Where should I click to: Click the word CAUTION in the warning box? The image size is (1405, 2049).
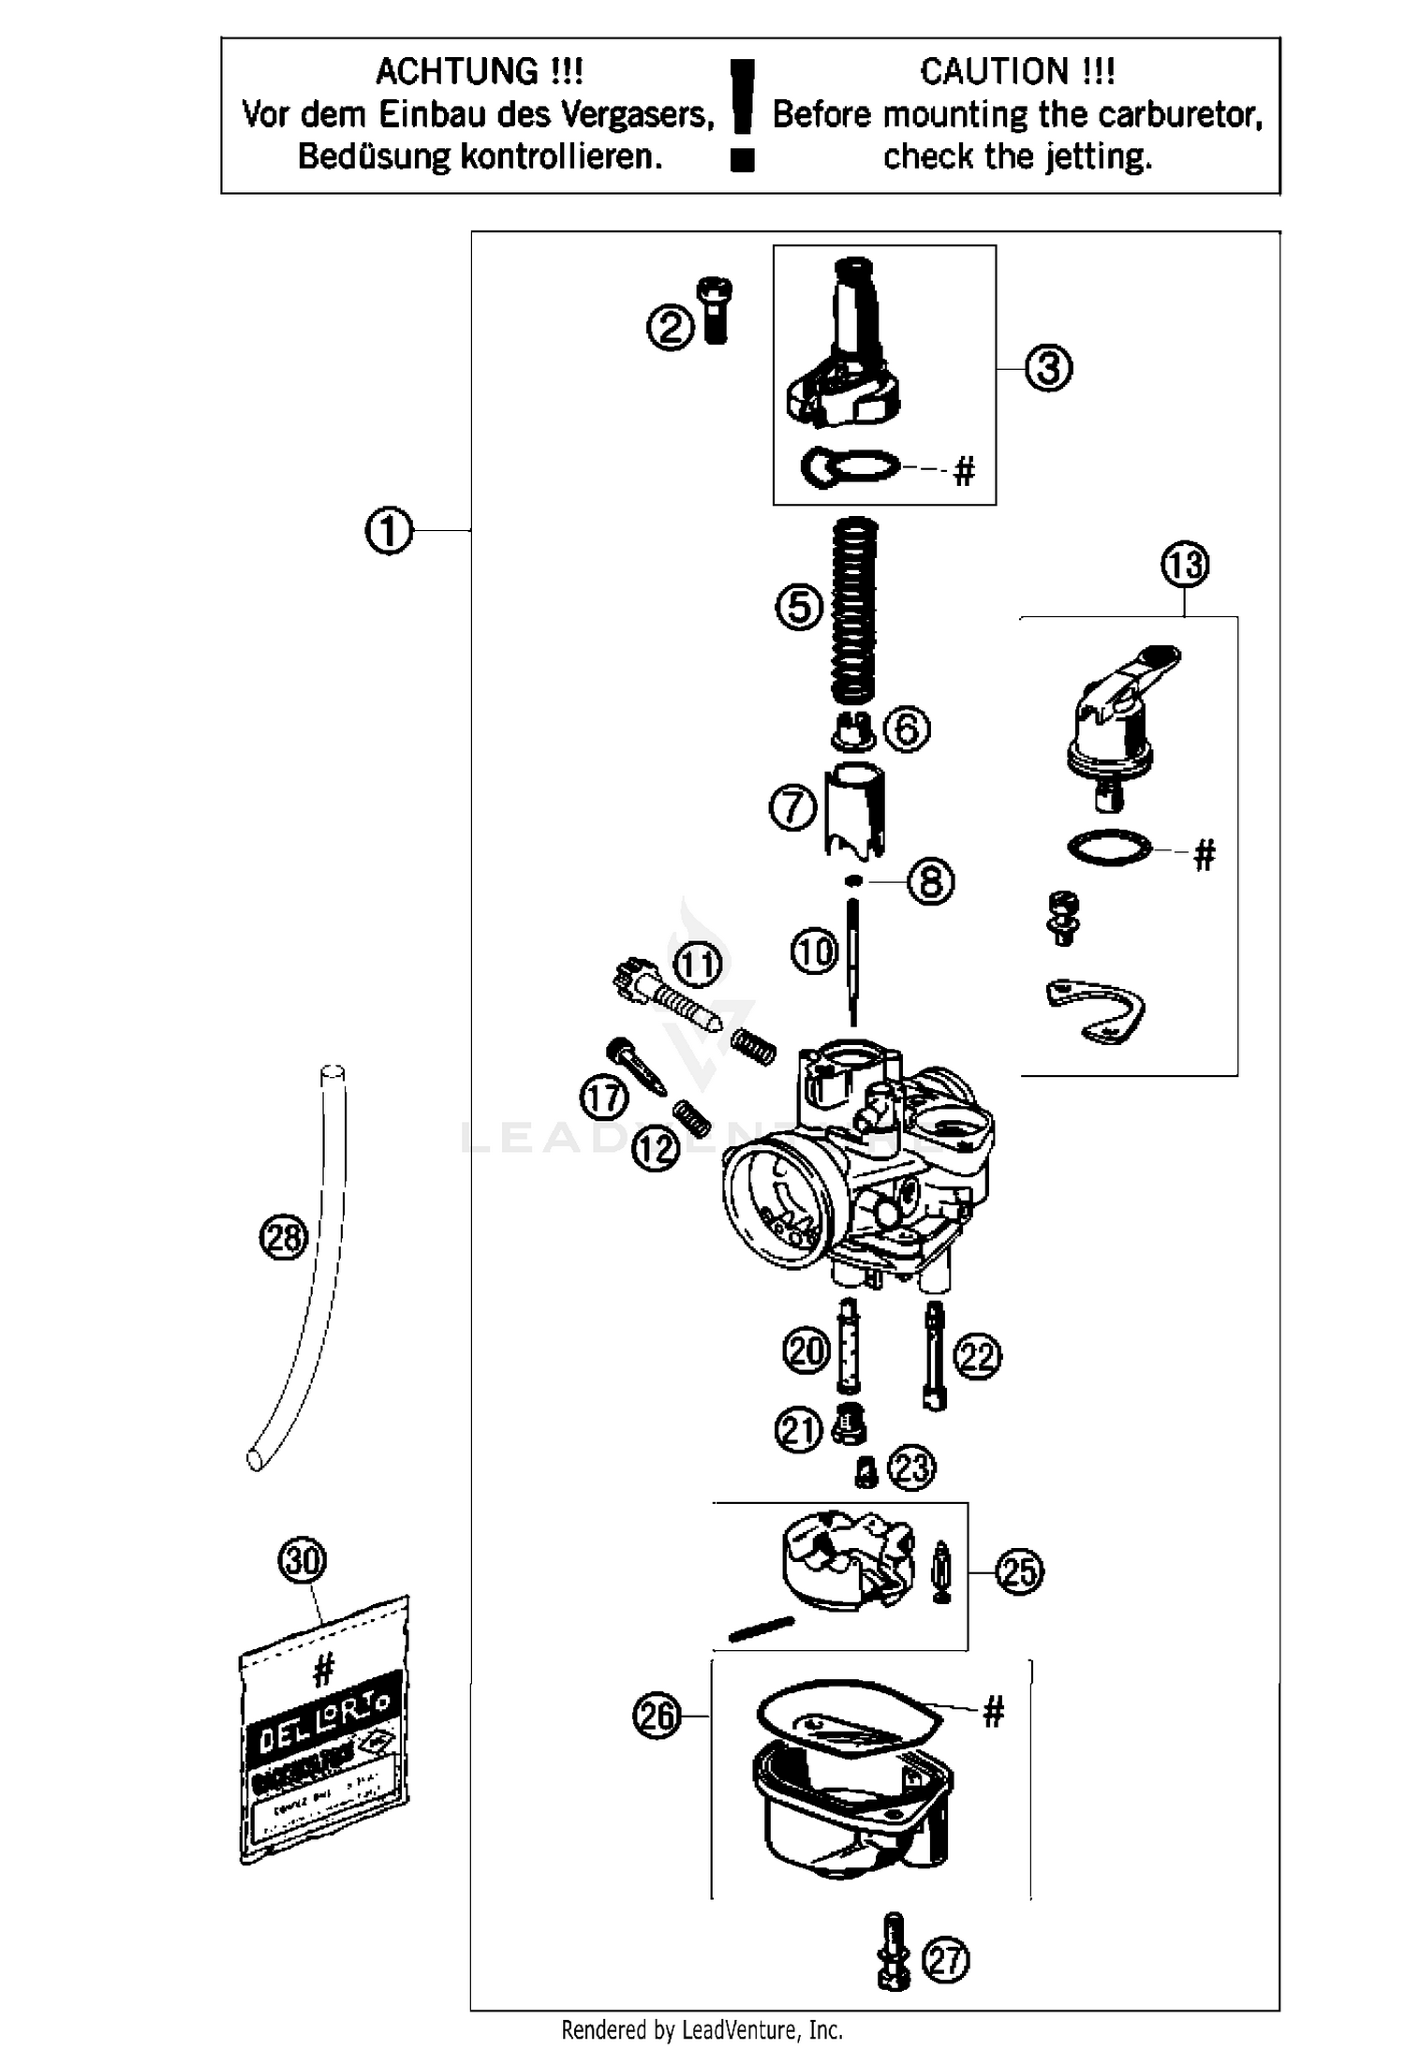(993, 71)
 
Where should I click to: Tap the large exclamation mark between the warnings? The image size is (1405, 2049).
(742, 112)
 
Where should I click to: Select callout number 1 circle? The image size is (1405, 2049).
(388, 531)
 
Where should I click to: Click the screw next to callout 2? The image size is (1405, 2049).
(716, 311)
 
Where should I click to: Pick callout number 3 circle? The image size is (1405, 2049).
(1048, 368)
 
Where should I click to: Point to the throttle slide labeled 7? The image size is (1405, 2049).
(854, 811)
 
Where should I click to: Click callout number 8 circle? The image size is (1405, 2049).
(930, 881)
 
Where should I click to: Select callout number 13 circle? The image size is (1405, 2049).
(1184, 565)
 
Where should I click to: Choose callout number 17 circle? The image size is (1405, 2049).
(603, 1098)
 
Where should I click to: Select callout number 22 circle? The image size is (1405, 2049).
(977, 1357)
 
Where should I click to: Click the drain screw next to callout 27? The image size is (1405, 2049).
(894, 1952)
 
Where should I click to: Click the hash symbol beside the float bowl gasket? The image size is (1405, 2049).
(993, 1713)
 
